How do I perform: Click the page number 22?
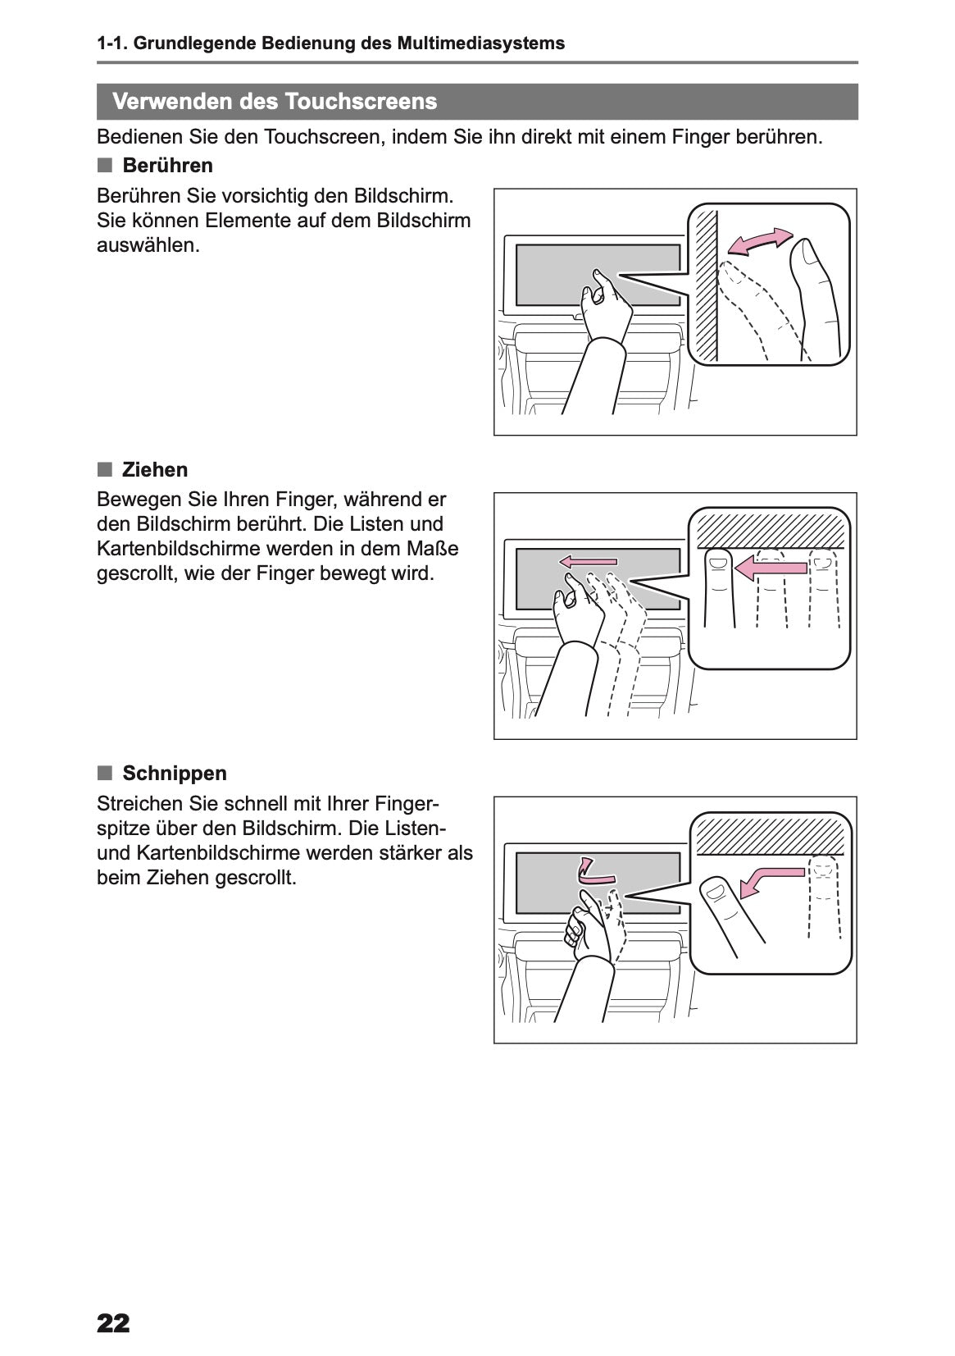point(113,1323)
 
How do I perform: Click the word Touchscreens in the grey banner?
point(361,101)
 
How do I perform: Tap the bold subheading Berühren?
point(167,165)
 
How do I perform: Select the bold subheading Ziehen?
point(155,469)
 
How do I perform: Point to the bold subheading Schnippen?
point(175,773)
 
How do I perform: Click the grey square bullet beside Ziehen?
point(105,469)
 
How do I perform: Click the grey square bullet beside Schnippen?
point(105,773)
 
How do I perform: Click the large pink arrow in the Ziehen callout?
point(771,568)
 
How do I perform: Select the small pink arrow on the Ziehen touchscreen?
point(589,562)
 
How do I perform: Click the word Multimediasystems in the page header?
point(481,43)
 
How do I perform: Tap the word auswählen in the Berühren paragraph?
point(148,245)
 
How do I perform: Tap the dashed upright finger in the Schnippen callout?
point(825,897)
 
